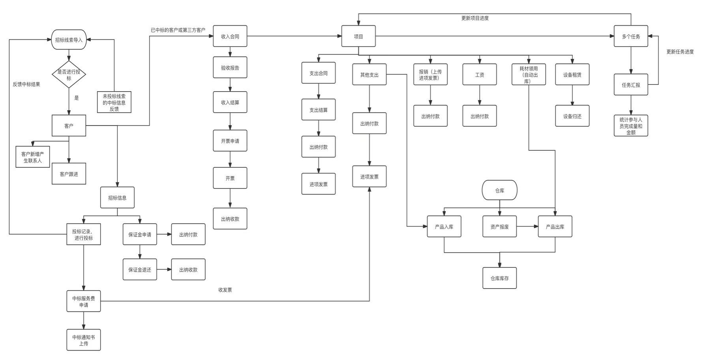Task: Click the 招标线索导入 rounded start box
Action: point(69,40)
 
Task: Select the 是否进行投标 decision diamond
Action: point(69,74)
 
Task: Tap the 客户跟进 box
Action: point(69,174)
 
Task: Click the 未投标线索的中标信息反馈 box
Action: point(114,102)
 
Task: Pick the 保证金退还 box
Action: point(140,270)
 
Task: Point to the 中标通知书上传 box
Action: point(83,340)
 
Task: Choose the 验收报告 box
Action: point(230,67)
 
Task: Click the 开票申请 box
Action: point(230,141)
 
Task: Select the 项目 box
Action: point(358,36)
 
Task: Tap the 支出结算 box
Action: point(319,110)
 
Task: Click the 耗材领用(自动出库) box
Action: point(529,75)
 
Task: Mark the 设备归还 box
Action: point(572,116)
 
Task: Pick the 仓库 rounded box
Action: point(499,190)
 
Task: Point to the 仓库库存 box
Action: point(499,278)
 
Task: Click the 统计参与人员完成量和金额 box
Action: point(630,126)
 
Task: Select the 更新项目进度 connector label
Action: point(475,18)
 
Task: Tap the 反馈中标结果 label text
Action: point(26,84)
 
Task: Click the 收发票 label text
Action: point(225,290)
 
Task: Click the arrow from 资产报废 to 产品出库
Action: point(527,227)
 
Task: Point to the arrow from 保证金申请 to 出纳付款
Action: point(164,234)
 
